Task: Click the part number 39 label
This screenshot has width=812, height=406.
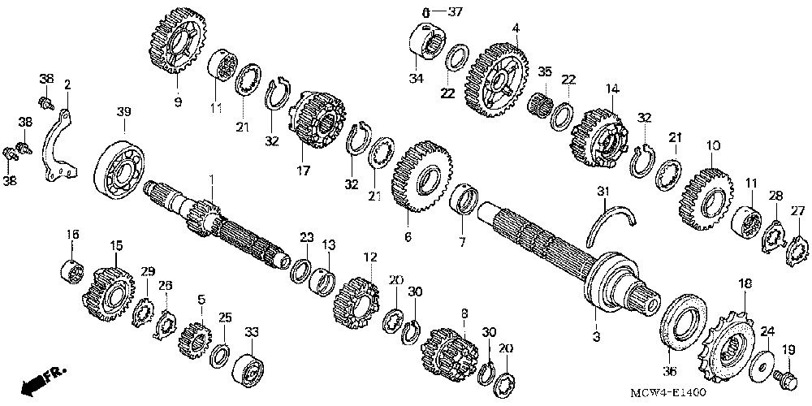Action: (123, 110)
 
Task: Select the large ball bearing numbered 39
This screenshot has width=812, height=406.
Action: (121, 171)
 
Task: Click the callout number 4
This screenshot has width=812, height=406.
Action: (515, 29)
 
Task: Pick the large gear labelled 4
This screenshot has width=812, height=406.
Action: (495, 78)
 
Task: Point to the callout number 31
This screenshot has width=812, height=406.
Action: (602, 191)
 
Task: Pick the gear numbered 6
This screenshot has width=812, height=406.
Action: (421, 179)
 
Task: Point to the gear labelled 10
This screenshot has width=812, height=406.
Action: (704, 194)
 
